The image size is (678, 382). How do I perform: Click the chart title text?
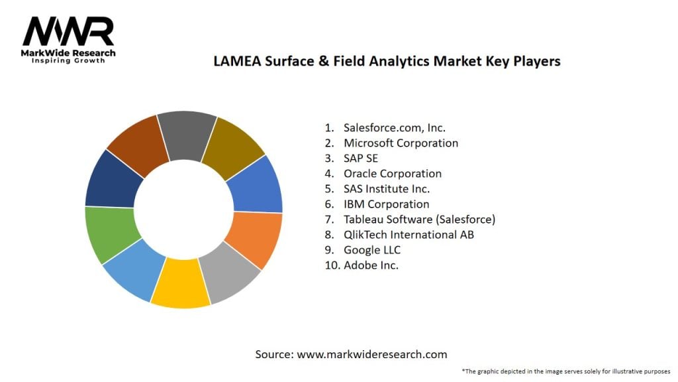pos(387,61)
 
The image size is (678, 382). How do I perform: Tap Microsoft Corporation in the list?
pos(401,143)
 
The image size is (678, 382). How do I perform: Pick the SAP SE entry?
pos(360,159)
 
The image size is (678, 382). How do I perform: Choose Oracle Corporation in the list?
pos(392,174)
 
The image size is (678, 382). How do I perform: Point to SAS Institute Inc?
pos(387,189)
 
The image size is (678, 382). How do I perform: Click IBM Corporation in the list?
pos(386,204)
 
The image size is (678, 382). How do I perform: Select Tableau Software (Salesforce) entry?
pos(419,220)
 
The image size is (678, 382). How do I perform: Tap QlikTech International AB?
pos(409,235)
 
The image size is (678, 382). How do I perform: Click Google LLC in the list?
pos(371,250)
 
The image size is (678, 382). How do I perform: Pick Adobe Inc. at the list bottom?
pos(371,265)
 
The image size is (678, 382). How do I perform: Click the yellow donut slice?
pos(180,284)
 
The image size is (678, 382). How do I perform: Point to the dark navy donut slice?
pos(113,179)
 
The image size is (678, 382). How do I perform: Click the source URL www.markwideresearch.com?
pos(371,354)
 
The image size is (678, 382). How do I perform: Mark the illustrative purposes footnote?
pos(565,371)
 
